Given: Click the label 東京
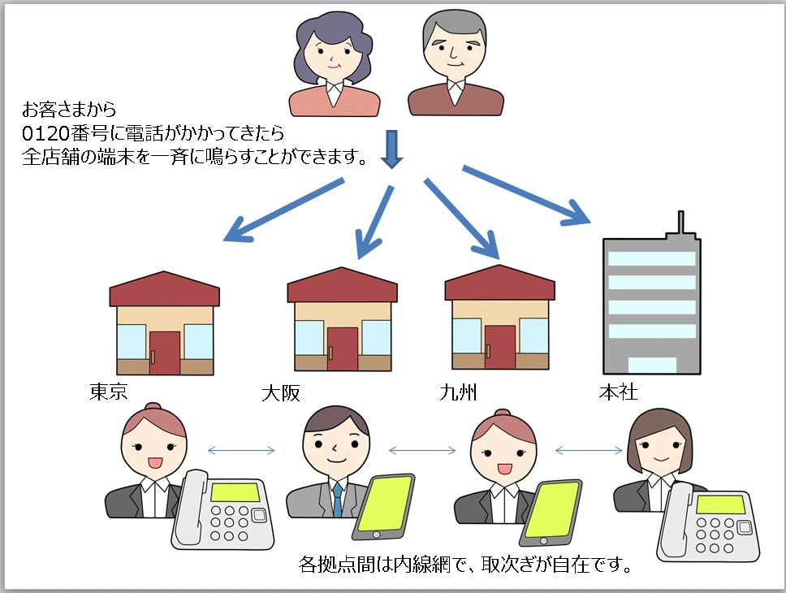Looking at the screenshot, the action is point(109,392).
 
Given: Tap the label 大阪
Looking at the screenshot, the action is point(281,393).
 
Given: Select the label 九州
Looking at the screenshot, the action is point(458,392).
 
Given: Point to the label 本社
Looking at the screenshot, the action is point(618,392).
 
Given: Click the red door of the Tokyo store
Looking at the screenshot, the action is point(164,353).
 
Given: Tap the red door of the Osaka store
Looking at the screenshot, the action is point(343,348).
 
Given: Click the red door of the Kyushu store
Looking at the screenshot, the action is point(500,347).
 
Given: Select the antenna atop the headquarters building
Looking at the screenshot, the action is point(680,223).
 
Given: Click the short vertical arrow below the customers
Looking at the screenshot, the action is point(391,149).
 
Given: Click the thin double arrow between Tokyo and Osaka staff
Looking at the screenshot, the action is point(241,451).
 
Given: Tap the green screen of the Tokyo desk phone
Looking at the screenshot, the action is point(235,491).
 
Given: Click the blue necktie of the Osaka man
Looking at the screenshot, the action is point(338,500).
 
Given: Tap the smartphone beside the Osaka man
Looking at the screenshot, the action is point(383,507).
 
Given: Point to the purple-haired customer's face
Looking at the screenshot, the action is point(332,54).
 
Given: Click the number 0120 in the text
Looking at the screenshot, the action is point(45,133).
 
